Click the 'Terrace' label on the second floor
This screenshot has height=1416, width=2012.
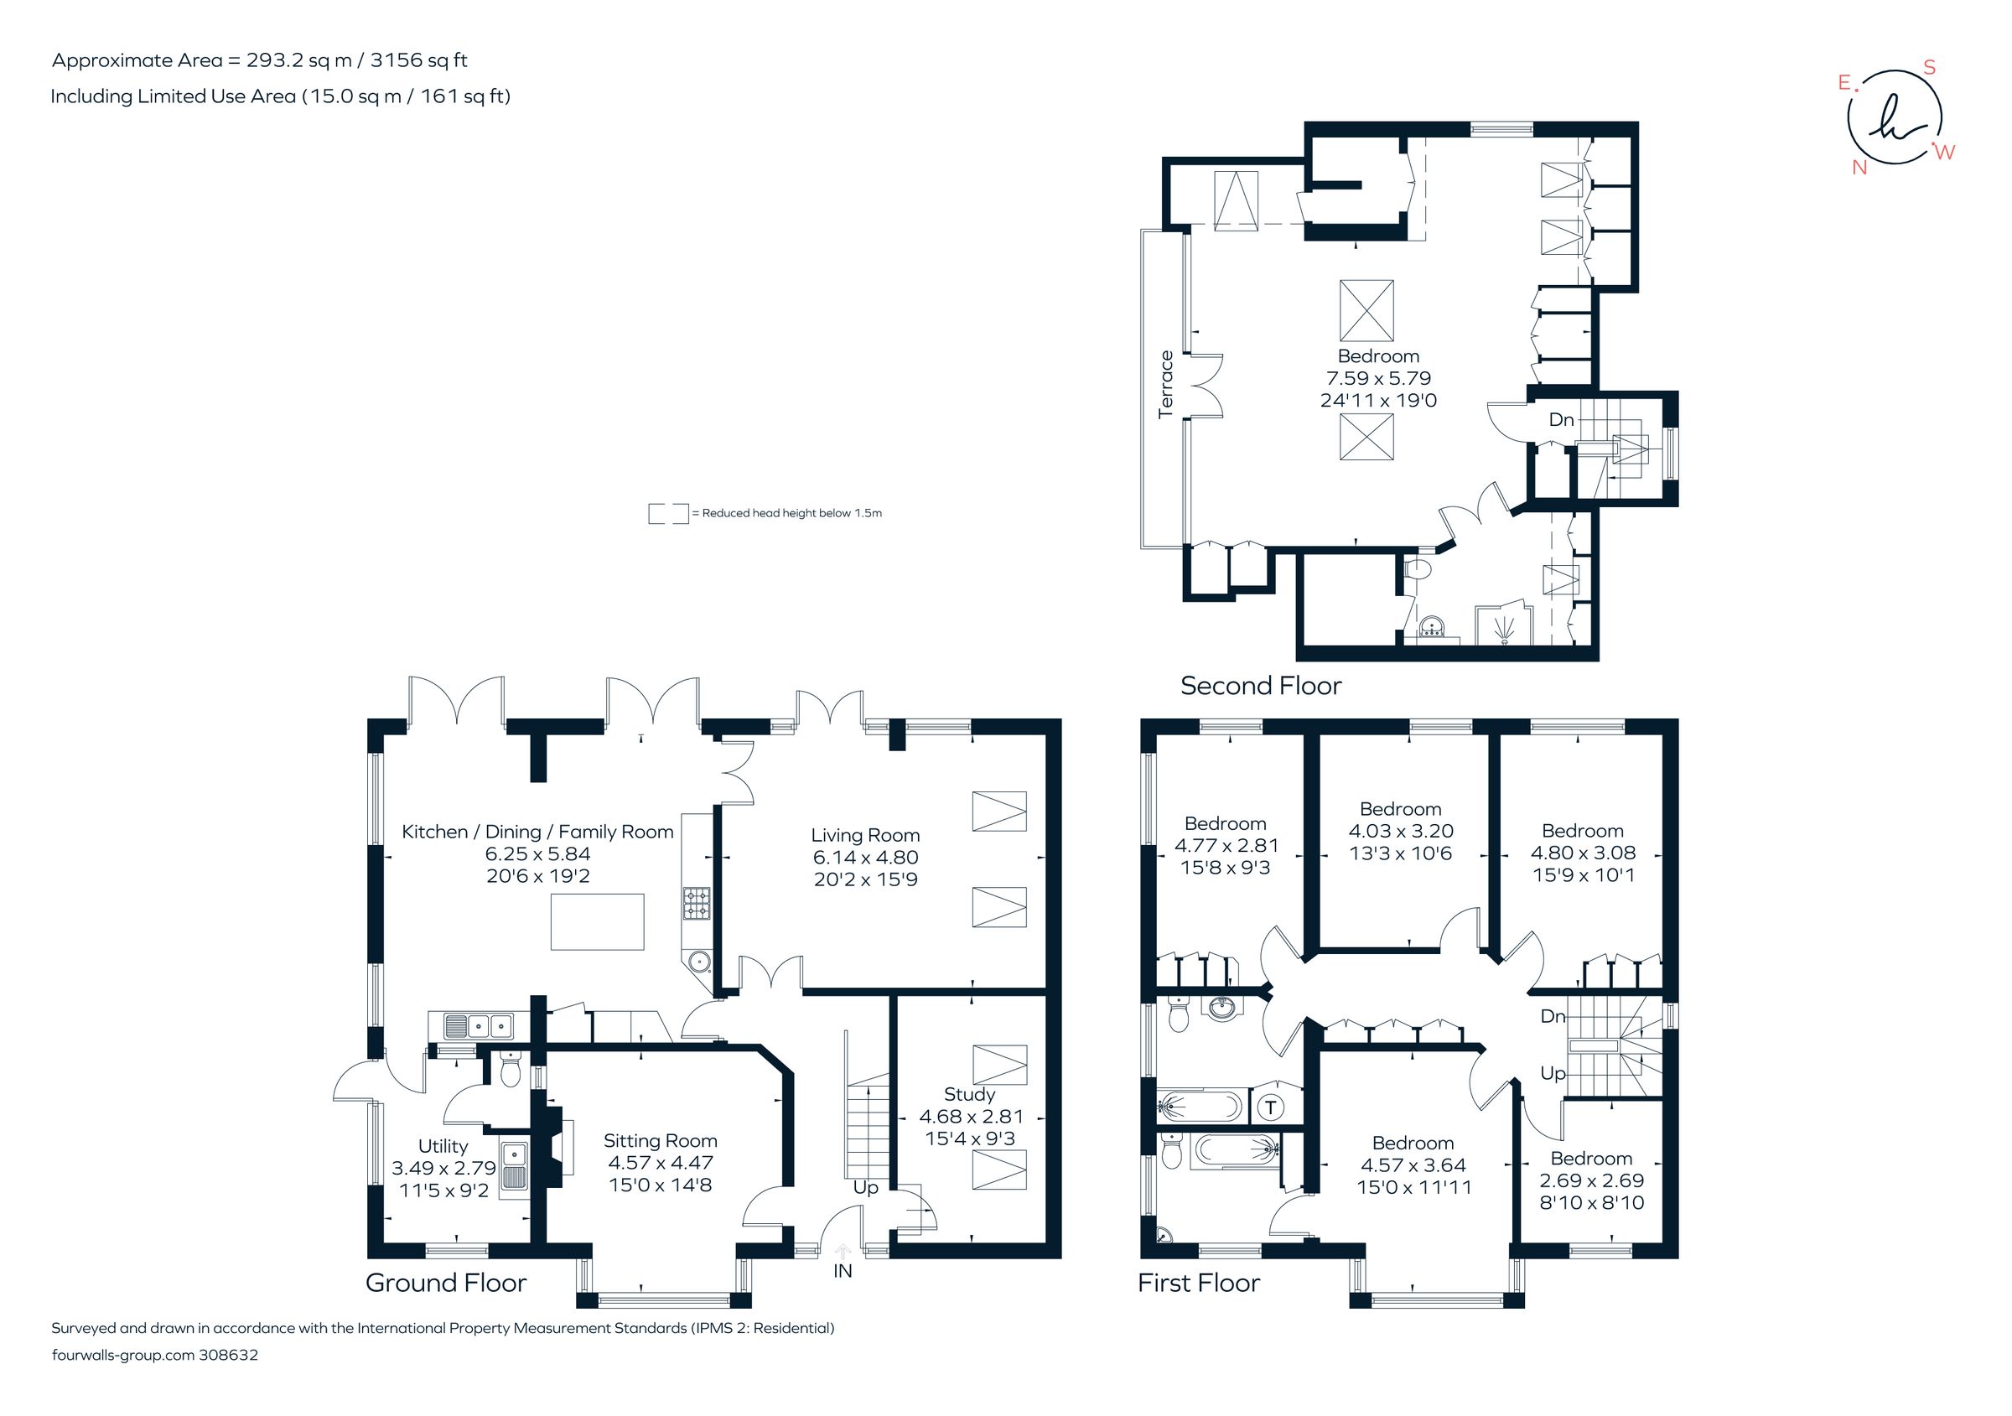[1165, 384]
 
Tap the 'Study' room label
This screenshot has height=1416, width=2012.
[969, 1094]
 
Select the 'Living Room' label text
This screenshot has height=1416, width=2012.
[865, 835]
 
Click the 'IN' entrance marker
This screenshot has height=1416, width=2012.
[843, 1271]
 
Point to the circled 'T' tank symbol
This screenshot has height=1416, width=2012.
[1271, 1107]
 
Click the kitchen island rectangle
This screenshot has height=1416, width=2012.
[597, 922]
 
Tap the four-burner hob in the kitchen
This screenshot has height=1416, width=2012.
[697, 904]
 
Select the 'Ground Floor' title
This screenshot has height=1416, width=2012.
[445, 1283]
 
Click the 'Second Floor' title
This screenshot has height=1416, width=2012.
[1260, 685]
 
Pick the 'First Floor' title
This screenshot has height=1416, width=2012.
[1198, 1283]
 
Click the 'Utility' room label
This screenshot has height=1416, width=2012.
[443, 1146]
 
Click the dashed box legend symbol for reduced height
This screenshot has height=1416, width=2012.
[668, 513]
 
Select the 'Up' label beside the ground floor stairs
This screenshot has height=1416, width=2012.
[865, 1187]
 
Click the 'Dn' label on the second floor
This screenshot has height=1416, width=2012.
[1561, 420]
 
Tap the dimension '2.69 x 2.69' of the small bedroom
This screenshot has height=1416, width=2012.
[1591, 1180]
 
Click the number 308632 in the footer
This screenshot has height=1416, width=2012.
[229, 1355]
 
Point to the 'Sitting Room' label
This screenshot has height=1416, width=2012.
[660, 1141]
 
